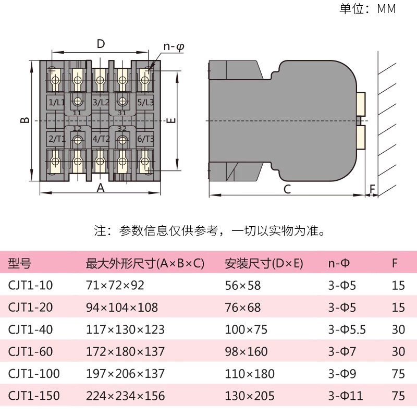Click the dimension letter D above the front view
(x=101, y=44)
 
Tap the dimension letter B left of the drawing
(x=24, y=120)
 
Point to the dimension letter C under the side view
(x=287, y=189)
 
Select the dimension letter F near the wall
(x=372, y=188)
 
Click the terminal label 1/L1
(x=56, y=103)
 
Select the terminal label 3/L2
(x=101, y=103)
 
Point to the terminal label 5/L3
(x=145, y=103)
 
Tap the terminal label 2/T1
(x=56, y=139)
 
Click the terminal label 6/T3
(x=145, y=139)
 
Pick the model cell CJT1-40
(x=30, y=329)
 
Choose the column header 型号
(x=19, y=263)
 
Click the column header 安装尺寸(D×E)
(x=264, y=263)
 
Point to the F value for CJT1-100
(x=398, y=374)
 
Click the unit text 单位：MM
(x=367, y=9)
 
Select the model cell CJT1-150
(x=33, y=396)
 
